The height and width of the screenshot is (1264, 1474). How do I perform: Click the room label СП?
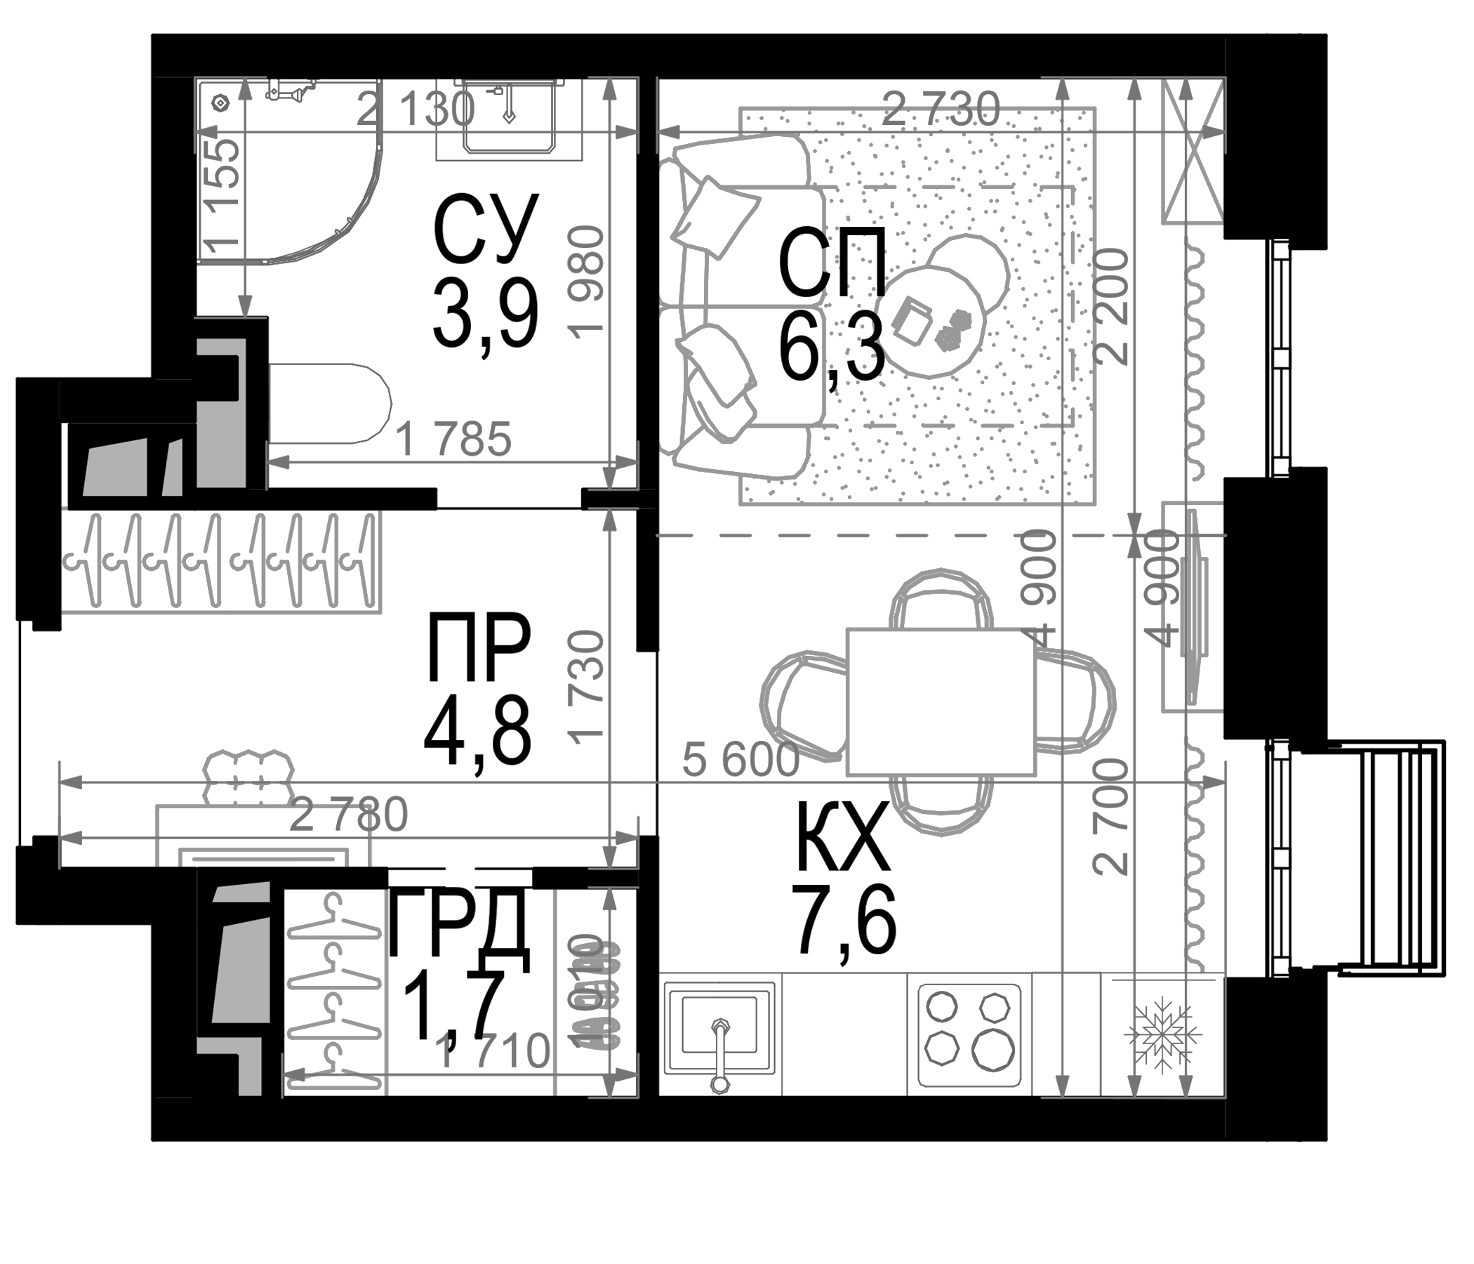click(832, 263)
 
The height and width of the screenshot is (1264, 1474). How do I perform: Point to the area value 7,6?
click(846, 926)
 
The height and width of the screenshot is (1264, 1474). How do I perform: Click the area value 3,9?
click(485, 316)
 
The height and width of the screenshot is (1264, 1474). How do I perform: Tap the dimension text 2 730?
click(941, 111)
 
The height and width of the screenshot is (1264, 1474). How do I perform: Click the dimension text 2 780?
click(349, 815)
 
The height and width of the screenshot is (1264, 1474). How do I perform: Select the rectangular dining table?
click(941, 702)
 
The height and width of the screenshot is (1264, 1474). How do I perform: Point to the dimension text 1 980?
click(587, 280)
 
